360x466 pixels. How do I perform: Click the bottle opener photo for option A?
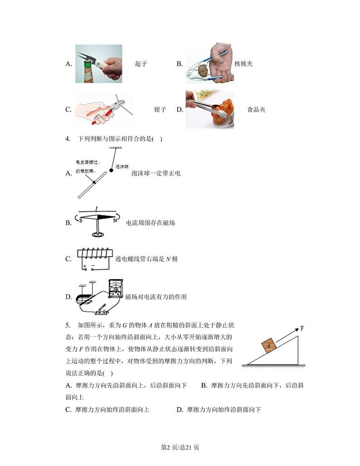(x=98, y=64)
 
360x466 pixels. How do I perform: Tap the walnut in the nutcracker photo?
(x=203, y=70)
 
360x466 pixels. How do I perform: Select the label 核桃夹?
(x=243, y=64)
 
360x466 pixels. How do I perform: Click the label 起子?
(x=141, y=64)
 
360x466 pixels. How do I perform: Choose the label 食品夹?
(x=256, y=110)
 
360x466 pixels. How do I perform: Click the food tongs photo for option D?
(x=209, y=109)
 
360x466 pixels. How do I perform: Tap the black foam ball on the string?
(x=112, y=171)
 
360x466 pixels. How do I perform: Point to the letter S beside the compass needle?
(x=80, y=220)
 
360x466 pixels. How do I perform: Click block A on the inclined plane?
(x=269, y=346)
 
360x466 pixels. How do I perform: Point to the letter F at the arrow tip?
(x=302, y=329)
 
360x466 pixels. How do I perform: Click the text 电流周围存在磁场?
(x=150, y=223)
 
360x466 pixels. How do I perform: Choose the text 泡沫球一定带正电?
(x=156, y=173)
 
